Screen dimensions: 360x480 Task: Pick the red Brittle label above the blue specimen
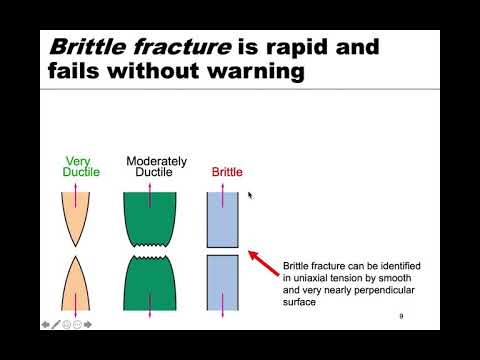point(227,172)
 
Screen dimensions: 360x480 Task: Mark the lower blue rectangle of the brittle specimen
point(222,282)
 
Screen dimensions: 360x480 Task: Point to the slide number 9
point(400,316)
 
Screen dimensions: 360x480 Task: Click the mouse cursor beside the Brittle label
point(250,195)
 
